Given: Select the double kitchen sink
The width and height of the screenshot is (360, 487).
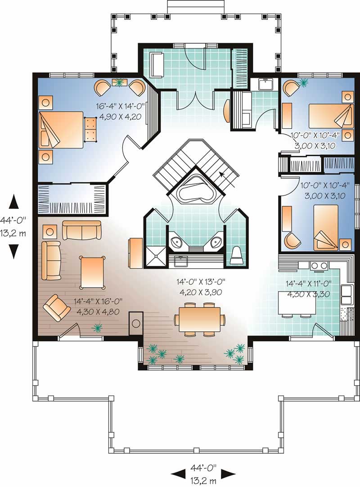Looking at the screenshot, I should tap(347, 294).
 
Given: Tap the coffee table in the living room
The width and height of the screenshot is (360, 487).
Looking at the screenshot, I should tap(92, 272).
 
